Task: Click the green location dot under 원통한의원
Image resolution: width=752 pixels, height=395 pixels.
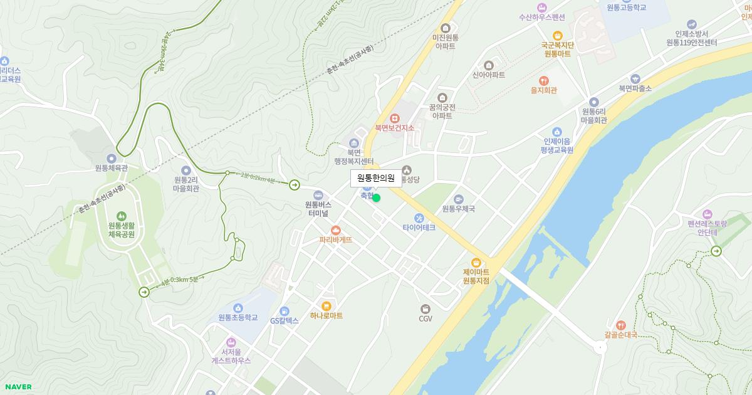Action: (376, 198)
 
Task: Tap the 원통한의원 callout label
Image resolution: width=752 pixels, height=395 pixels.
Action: (376, 178)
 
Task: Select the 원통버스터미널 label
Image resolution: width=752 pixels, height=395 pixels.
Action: (318, 209)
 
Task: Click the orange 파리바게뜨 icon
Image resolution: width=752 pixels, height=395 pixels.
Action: (335, 230)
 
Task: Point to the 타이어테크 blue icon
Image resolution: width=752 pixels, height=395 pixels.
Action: (410, 218)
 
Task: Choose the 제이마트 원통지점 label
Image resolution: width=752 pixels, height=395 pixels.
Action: (476, 276)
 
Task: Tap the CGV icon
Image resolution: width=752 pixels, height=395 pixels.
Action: (426, 308)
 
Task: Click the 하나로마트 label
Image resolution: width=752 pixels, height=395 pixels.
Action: (326, 316)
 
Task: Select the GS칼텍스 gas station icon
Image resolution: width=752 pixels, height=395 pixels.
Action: (285, 311)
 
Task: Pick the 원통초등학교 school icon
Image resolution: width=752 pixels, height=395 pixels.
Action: (238, 308)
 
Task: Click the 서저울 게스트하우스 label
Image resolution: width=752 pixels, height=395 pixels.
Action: (231, 356)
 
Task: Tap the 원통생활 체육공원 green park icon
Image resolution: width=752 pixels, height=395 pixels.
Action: (121, 216)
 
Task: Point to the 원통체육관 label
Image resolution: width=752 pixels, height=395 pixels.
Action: (112, 168)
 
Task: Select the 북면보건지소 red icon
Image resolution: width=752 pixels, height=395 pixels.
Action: (395, 117)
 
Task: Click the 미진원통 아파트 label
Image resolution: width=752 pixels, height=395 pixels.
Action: (446, 42)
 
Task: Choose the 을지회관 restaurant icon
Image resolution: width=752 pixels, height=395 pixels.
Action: (543, 80)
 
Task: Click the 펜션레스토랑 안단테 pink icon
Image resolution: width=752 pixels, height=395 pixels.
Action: (708, 214)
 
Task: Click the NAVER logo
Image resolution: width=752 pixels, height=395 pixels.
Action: (17, 387)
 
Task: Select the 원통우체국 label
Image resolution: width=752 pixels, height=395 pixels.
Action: (458, 209)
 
